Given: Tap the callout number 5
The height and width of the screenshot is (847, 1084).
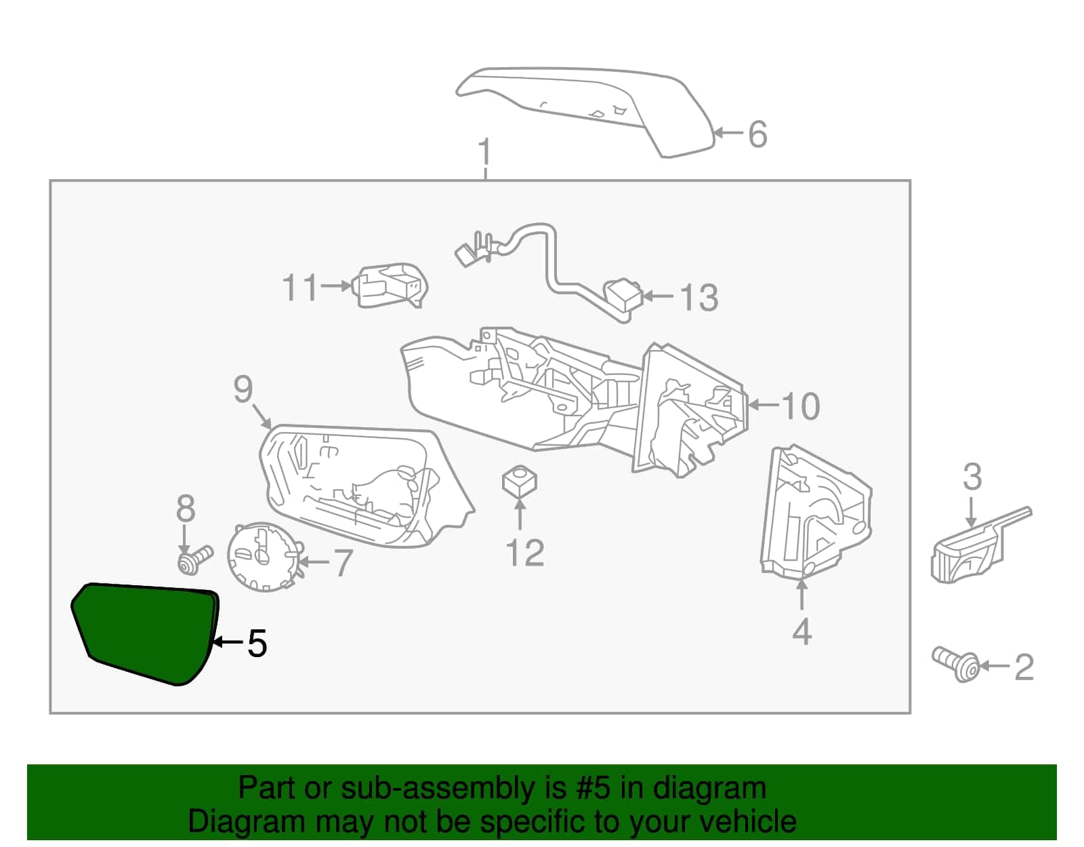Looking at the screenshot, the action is [257, 644].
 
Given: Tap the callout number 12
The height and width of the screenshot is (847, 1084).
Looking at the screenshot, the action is [525, 553].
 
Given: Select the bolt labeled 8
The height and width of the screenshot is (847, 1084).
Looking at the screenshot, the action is [195, 559].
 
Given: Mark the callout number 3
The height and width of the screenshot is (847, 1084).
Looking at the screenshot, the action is [972, 477].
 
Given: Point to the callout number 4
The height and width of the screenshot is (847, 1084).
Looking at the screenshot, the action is [801, 631].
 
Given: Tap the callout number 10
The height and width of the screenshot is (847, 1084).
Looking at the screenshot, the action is [801, 406].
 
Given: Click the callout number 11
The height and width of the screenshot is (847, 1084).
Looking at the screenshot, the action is [300, 288].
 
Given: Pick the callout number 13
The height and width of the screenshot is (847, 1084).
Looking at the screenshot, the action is [699, 298].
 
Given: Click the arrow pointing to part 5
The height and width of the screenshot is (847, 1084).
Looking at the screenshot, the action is [228, 642].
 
